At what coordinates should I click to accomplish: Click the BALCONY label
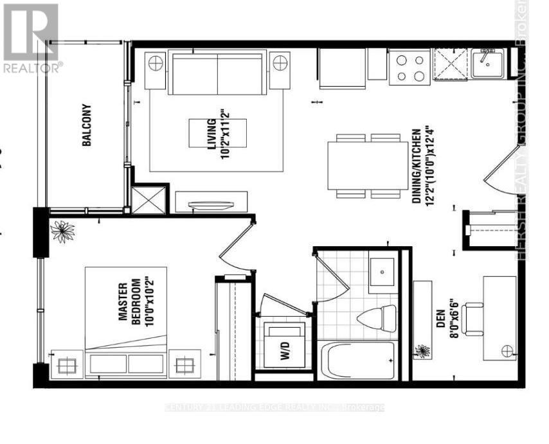pos(87,126)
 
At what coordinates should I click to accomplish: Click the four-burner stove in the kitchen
pos(410,67)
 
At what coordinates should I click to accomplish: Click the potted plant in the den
pos(422,351)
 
